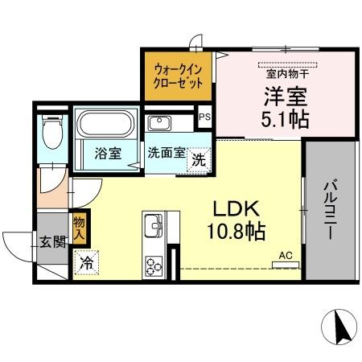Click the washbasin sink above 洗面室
point(158,124)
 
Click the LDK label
point(235,209)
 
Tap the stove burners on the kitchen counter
point(154,263)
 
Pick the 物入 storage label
point(79,228)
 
